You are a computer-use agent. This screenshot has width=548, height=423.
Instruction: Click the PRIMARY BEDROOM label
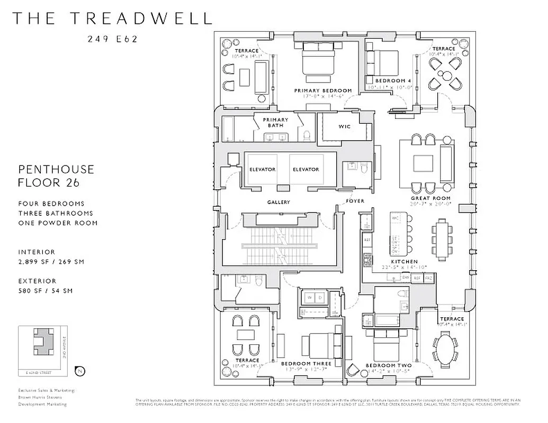tap(323, 90)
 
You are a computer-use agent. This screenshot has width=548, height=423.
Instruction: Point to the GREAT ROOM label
tap(430, 198)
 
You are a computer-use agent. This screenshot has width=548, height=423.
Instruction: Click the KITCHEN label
tap(405, 262)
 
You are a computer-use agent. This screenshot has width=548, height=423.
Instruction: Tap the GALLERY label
tap(279, 202)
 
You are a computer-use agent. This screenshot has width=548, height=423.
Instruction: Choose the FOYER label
tap(355, 201)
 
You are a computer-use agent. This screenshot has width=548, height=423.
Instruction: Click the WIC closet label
tap(345, 127)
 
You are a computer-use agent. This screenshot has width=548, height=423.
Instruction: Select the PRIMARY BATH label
tap(275, 123)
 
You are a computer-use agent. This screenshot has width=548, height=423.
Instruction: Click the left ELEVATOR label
tap(263, 169)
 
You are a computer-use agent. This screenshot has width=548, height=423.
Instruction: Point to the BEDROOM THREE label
tap(306, 364)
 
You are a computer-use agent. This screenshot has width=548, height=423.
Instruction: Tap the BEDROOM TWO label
tap(388, 365)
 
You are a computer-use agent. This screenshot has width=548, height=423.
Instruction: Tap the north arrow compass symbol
tap(80, 371)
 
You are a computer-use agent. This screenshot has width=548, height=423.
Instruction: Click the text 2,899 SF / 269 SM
tap(51, 262)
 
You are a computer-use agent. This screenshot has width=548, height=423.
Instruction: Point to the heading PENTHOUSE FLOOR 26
tap(56, 176)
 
